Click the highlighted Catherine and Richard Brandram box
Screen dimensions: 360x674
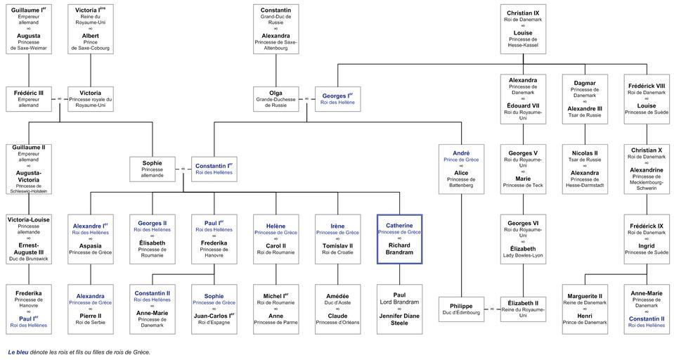(x=399, y=239)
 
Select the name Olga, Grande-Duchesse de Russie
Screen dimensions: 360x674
(x=276, y=93)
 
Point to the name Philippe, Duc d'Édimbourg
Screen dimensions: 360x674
(x=461, y=307)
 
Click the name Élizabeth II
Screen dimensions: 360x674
(x=523, y=302)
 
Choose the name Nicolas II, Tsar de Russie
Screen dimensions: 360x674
(x=585, y=153)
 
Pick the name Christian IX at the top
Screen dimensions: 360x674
(x=523, y=13)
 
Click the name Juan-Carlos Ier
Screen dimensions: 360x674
(x=214, y=316)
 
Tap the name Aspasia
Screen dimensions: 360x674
(x=90, y=246)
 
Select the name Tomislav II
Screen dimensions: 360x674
(x=337, y=246)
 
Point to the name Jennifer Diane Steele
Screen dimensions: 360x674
(x=399, y=319)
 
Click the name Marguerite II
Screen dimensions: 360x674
(x=585, y=296)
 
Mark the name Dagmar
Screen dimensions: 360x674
(x=585, y=83)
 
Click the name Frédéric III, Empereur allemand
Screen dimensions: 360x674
(x=28, y=93)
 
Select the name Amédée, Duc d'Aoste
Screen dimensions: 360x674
(x=337, y=296)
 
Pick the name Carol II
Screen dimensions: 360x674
(x=276, y=246)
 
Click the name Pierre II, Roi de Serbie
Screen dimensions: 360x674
(x=90, y=316)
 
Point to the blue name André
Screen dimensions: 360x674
(x=461, y=153)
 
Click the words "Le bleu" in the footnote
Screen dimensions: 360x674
(x=18, y=352)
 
